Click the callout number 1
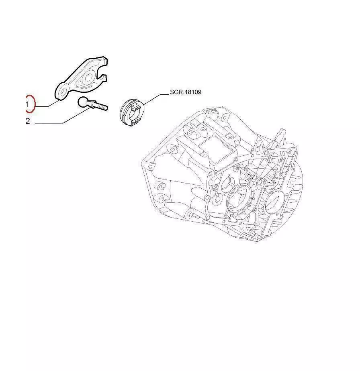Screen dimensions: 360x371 click(x=27, y=104)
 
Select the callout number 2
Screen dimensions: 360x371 click(x=28, y=121)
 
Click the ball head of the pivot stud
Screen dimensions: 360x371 click(x=83, y=102)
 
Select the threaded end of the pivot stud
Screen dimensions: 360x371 click(x=102, y=106)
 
